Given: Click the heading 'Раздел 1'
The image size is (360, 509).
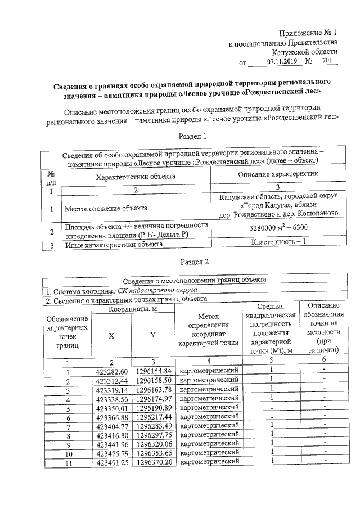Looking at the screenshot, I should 193,136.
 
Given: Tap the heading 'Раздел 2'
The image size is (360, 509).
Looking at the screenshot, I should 193,262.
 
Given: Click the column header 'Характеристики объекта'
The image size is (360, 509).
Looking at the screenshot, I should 136,177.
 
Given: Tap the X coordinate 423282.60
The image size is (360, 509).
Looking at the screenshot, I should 112,371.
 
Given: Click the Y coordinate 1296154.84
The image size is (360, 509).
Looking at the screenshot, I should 153,371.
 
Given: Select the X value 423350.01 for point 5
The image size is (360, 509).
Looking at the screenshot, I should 112,407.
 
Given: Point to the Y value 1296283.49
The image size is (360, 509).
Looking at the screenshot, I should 153,425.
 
